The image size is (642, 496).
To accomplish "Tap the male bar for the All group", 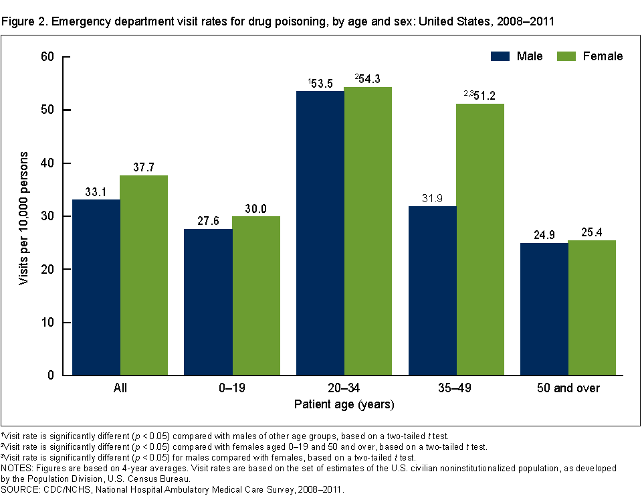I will tap(96, 287).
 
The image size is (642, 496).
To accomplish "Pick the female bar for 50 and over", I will tap(592, 308).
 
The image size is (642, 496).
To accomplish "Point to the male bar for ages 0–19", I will tap(208, 302).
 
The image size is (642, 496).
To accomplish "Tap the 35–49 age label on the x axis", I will tap(456, 388).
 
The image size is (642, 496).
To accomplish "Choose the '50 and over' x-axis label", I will tap(568, 388).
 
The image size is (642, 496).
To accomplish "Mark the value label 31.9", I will tap(432, 198).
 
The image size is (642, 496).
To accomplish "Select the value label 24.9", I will tap(544, 235).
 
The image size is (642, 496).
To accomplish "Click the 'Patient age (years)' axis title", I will tap(344, 404).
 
